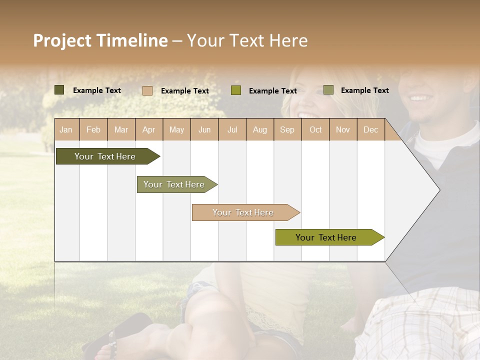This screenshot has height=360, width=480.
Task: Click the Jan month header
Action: click(66, 129)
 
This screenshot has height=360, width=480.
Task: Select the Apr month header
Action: click(148, 129)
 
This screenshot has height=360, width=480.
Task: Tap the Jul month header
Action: click(232, 129)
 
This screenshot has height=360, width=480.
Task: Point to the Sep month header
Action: click(287, 129)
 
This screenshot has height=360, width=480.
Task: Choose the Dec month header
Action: click(370, 129)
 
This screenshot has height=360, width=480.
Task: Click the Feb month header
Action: click(93, 129)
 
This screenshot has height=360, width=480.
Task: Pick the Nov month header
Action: click(342, 129)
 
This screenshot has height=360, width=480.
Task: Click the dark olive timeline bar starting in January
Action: click(105, 156)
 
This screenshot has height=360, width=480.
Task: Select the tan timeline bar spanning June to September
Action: click(243, 212)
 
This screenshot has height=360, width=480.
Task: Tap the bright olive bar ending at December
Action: click(326, 237)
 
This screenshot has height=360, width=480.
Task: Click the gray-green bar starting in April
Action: click(174, 184)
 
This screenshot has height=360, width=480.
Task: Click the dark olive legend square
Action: click(59, 90)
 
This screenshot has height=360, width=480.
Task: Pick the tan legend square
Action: click(147, 90)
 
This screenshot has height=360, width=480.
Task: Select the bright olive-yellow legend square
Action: click(236, 90)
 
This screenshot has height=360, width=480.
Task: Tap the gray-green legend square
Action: click(328, 90)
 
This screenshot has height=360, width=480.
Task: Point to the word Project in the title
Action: click(62, 41)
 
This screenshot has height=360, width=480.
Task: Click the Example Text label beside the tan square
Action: click(184, 91)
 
